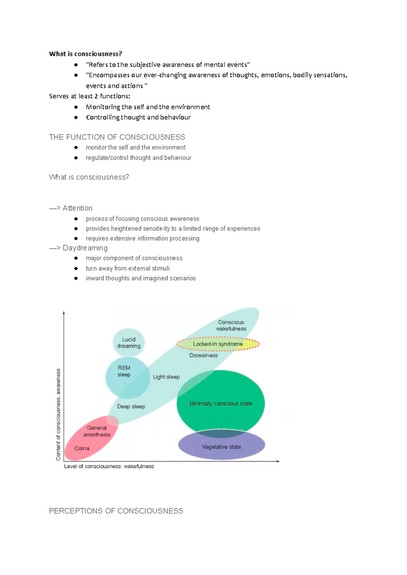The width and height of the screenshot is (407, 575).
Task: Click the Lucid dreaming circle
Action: pos(129,342)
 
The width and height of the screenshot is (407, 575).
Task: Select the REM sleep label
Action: pos(124,371)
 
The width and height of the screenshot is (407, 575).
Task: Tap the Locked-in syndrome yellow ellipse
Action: pos(218,344)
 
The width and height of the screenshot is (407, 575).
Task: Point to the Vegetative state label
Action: pos(221,447)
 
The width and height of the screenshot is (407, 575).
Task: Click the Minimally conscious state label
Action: pos(220,403)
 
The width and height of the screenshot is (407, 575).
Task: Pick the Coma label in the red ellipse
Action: pos(82,448)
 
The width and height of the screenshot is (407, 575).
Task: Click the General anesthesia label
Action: pos(97,431)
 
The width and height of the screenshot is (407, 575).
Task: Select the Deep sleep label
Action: pos(131,406)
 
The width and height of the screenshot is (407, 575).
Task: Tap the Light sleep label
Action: pos(166,377)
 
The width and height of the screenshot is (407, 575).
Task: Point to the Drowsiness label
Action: pos(203,355)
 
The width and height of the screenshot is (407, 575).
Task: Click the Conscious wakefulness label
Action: pos(231,325)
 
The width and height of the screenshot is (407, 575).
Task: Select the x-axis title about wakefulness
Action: pos(109,466)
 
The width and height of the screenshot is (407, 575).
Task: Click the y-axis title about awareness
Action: pos(58,414)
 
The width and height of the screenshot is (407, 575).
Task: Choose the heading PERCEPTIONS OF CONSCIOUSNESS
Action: pos(116,511)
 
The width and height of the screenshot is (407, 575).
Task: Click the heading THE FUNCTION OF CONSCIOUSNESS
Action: pos(117,137)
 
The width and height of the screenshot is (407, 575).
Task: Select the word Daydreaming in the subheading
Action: pos(85,248)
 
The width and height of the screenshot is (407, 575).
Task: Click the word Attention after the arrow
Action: pos(77,208)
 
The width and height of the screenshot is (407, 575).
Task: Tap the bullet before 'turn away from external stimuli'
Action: pos(76,268)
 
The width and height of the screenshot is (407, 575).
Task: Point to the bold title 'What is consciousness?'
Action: pos(85,54)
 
